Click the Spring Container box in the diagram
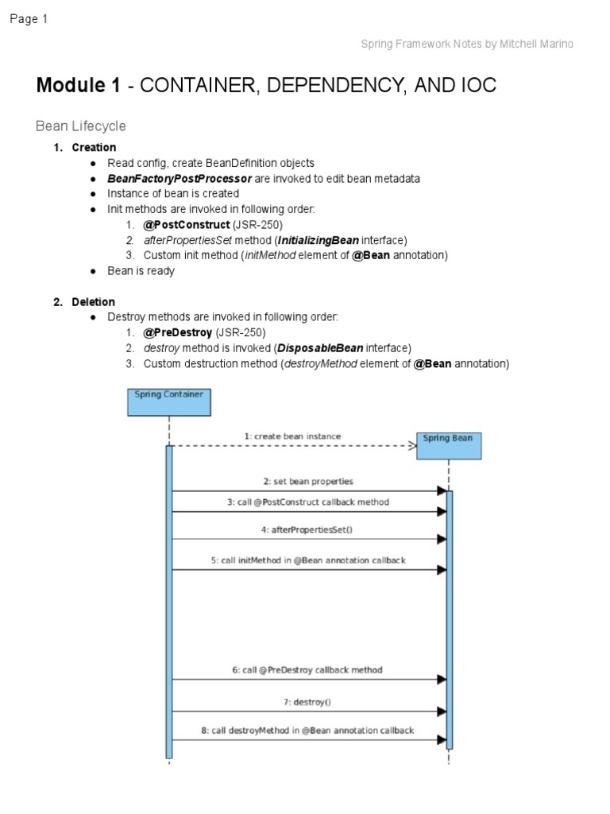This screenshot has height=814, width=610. pyautogui.click(x=169, y=401)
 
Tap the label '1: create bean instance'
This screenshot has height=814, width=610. pyautogui.click(x=292, y=436)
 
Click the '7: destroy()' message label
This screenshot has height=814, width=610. pyautogui.click(x=307, y=702)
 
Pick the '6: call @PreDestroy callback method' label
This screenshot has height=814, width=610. pyautogui.click(x=307, y=669)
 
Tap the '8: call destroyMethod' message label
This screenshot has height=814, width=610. pyautogui.click(x=307, y=730)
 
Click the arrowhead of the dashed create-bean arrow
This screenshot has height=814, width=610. pyautogui.click(x=412, y=446)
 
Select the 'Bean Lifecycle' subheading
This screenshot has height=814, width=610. pyautogui.click(x=81, y=126)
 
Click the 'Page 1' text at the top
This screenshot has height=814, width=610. pyautogui.click(x=29, y=20)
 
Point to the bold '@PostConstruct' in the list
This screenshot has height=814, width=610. pyautogui.click(x=187, y=224)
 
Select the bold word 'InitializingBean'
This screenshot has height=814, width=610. pyautogui.click(x=319, y=239)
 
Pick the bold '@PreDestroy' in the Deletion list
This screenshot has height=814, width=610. pyautogui.click(x=178, y=332)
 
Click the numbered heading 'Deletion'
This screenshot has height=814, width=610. pyautogui.click(x=94, y=301)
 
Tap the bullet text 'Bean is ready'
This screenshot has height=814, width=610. pyautogui.click(x=141, y=270)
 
